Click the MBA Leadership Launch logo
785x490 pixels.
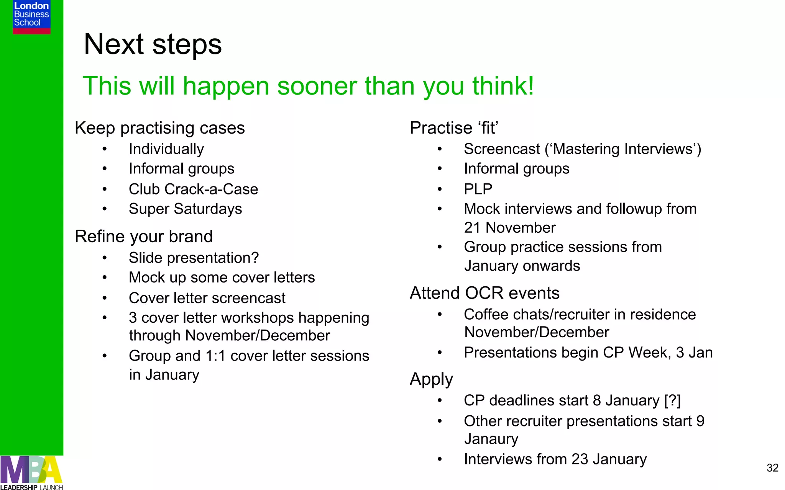point(31,473)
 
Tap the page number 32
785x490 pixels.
point(772,468)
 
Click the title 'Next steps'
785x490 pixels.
point(153,44)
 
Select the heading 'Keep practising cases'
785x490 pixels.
point(159,128)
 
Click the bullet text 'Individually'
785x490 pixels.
point(166,149)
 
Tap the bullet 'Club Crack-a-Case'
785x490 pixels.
point(193,189)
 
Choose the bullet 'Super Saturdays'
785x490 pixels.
point(185,209)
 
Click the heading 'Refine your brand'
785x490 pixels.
point(143,237)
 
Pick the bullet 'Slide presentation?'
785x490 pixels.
point(194,258)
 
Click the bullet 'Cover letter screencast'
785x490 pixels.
point(207,298)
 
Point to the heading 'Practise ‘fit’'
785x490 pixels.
point(454,128)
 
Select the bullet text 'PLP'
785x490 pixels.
point(478,189)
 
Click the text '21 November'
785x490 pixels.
point(509,228)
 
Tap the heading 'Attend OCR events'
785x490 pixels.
point(484,293)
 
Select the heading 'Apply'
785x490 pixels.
point(431,379)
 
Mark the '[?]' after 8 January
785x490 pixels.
point(672,400)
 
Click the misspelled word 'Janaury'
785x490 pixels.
point(491,439)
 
